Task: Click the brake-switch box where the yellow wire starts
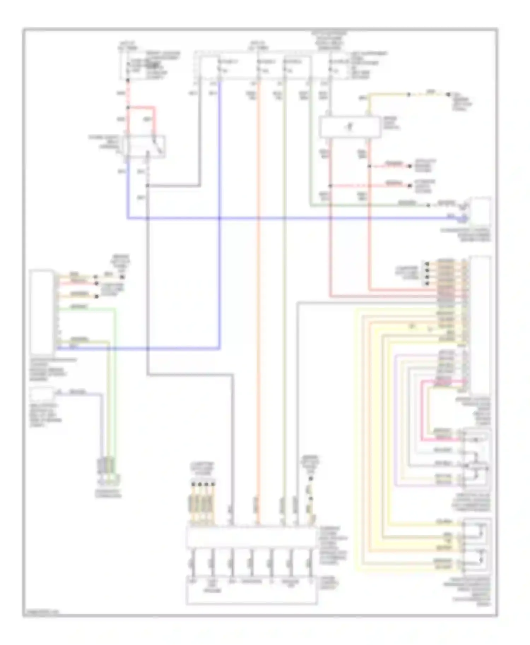[350, 127]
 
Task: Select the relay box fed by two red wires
[144, 146]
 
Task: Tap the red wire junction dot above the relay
[128, 107]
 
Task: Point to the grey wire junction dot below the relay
[147, 186]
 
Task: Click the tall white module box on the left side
[42, 312]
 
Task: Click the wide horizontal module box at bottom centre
[251, 537]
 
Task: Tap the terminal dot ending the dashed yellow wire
[448, 95]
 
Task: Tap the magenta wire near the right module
[442, 381]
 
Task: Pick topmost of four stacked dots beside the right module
[427, 264]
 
